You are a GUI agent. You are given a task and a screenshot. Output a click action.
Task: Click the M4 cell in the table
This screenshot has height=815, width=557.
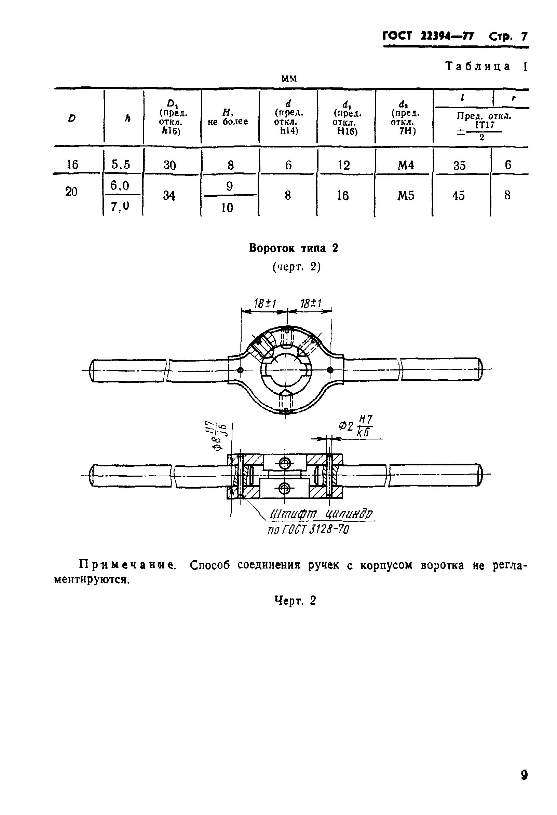pos(405,165)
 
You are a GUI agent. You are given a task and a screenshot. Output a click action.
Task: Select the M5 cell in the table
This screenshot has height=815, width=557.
pos(405,195)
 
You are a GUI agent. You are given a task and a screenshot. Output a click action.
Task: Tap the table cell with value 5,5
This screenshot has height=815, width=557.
pos(120,164)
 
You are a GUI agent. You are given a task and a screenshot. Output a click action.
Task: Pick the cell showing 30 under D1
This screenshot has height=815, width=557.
pos(169,165)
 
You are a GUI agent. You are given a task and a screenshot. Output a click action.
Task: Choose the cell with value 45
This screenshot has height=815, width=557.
pos(458,195)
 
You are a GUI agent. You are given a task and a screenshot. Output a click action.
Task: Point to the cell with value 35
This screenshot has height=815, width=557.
pos(459,165)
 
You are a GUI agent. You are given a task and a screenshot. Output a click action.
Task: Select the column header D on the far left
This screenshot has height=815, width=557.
pos(72,118)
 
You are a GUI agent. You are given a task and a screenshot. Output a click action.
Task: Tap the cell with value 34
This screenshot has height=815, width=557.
pos(169,195)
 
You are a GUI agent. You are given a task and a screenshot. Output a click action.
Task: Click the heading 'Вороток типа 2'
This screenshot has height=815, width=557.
pos(294,248)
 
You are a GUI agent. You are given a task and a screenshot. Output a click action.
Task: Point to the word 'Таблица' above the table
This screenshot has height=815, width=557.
pos(478,66)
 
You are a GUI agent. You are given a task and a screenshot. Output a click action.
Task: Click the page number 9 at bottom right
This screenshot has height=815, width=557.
pos(524,774)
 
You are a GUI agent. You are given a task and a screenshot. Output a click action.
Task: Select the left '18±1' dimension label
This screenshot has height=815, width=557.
pos(264,303)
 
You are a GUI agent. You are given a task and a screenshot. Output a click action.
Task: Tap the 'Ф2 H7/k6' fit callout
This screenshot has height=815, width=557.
pos(355,426)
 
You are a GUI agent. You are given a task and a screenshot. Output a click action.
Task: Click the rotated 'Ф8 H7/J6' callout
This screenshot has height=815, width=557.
pos(219,436)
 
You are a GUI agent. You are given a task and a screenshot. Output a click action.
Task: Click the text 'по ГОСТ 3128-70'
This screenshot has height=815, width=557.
pos(308,529)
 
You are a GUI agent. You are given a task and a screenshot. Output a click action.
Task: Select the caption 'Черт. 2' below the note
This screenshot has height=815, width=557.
pos(295,601)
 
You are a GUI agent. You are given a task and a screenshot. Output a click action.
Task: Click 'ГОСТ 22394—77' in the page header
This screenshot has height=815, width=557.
pos(428,36)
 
